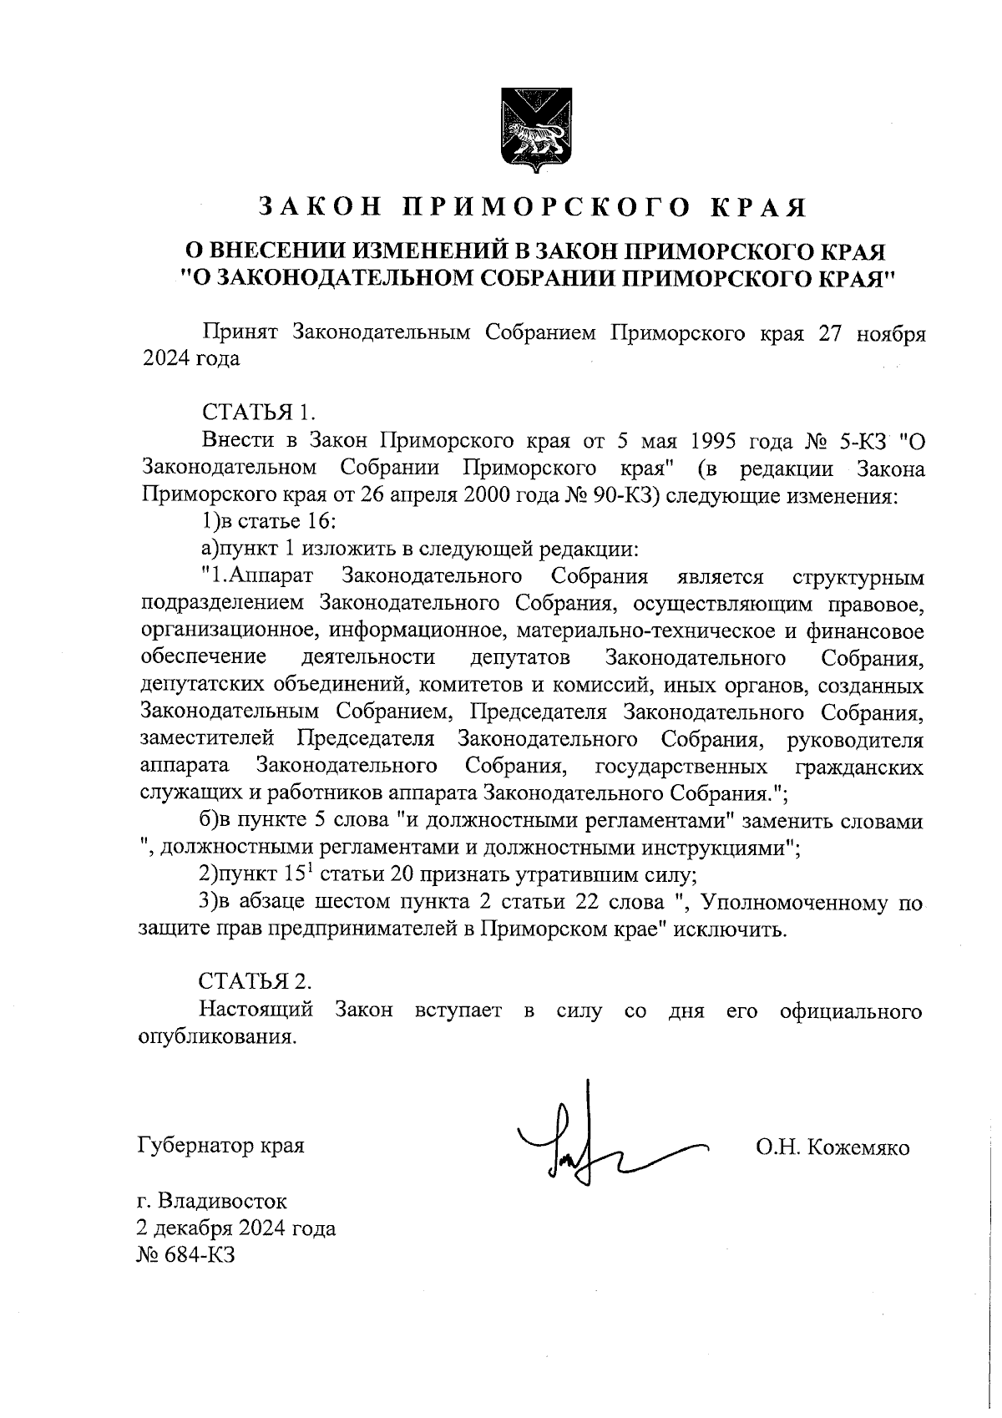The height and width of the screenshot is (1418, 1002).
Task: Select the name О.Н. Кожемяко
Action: click(x=832, y=1147)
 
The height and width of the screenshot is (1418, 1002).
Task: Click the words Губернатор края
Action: click(x=220, y=1145)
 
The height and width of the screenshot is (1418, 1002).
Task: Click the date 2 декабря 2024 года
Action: click(x=235, y=1228)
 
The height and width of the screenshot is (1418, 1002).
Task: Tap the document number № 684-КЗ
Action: click(x=185, y=1255)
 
